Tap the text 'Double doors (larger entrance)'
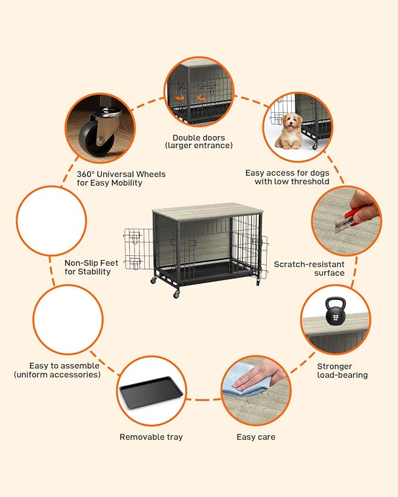pos(199,142)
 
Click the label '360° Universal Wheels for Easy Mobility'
pos(121,179)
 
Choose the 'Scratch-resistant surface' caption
pos(309,269)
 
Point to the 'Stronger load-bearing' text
pos(342,371)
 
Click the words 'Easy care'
pos(256,437)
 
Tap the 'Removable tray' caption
pos(151,437)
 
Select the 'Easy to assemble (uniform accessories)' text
pos(57,370)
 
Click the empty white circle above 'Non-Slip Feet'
pos(51,221)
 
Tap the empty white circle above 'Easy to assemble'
pos(68,319)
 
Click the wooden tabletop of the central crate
pos(205,211)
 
